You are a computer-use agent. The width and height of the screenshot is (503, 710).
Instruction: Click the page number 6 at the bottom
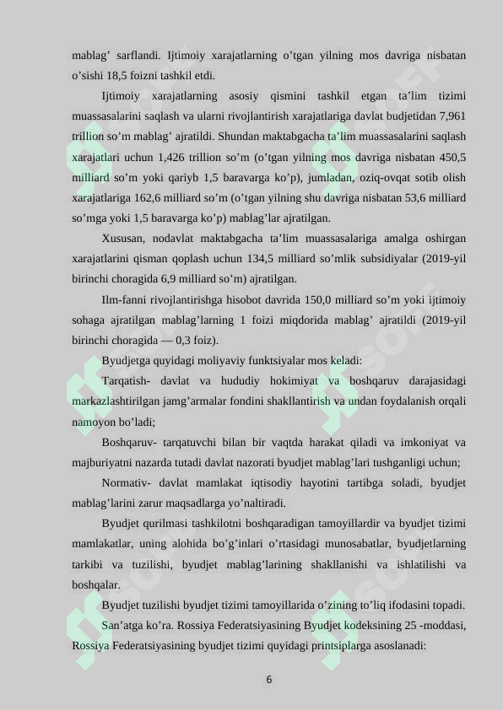coord(268,680)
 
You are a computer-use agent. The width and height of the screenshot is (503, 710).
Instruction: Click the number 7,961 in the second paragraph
coord(451,116)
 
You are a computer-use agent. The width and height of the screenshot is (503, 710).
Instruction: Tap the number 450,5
coord(452,157)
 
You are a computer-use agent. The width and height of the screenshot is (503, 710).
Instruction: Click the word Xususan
coord(122,239)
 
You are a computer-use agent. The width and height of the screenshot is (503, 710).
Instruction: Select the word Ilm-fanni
coord(125,299)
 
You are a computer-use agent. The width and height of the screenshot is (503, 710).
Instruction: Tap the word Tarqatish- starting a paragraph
coord(127,381)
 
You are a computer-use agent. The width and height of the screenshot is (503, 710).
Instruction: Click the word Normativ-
coord(127,483)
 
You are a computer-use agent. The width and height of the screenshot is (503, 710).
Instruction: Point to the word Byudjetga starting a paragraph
coord(127,361)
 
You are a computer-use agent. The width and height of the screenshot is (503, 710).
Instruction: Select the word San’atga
coord(123,626)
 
